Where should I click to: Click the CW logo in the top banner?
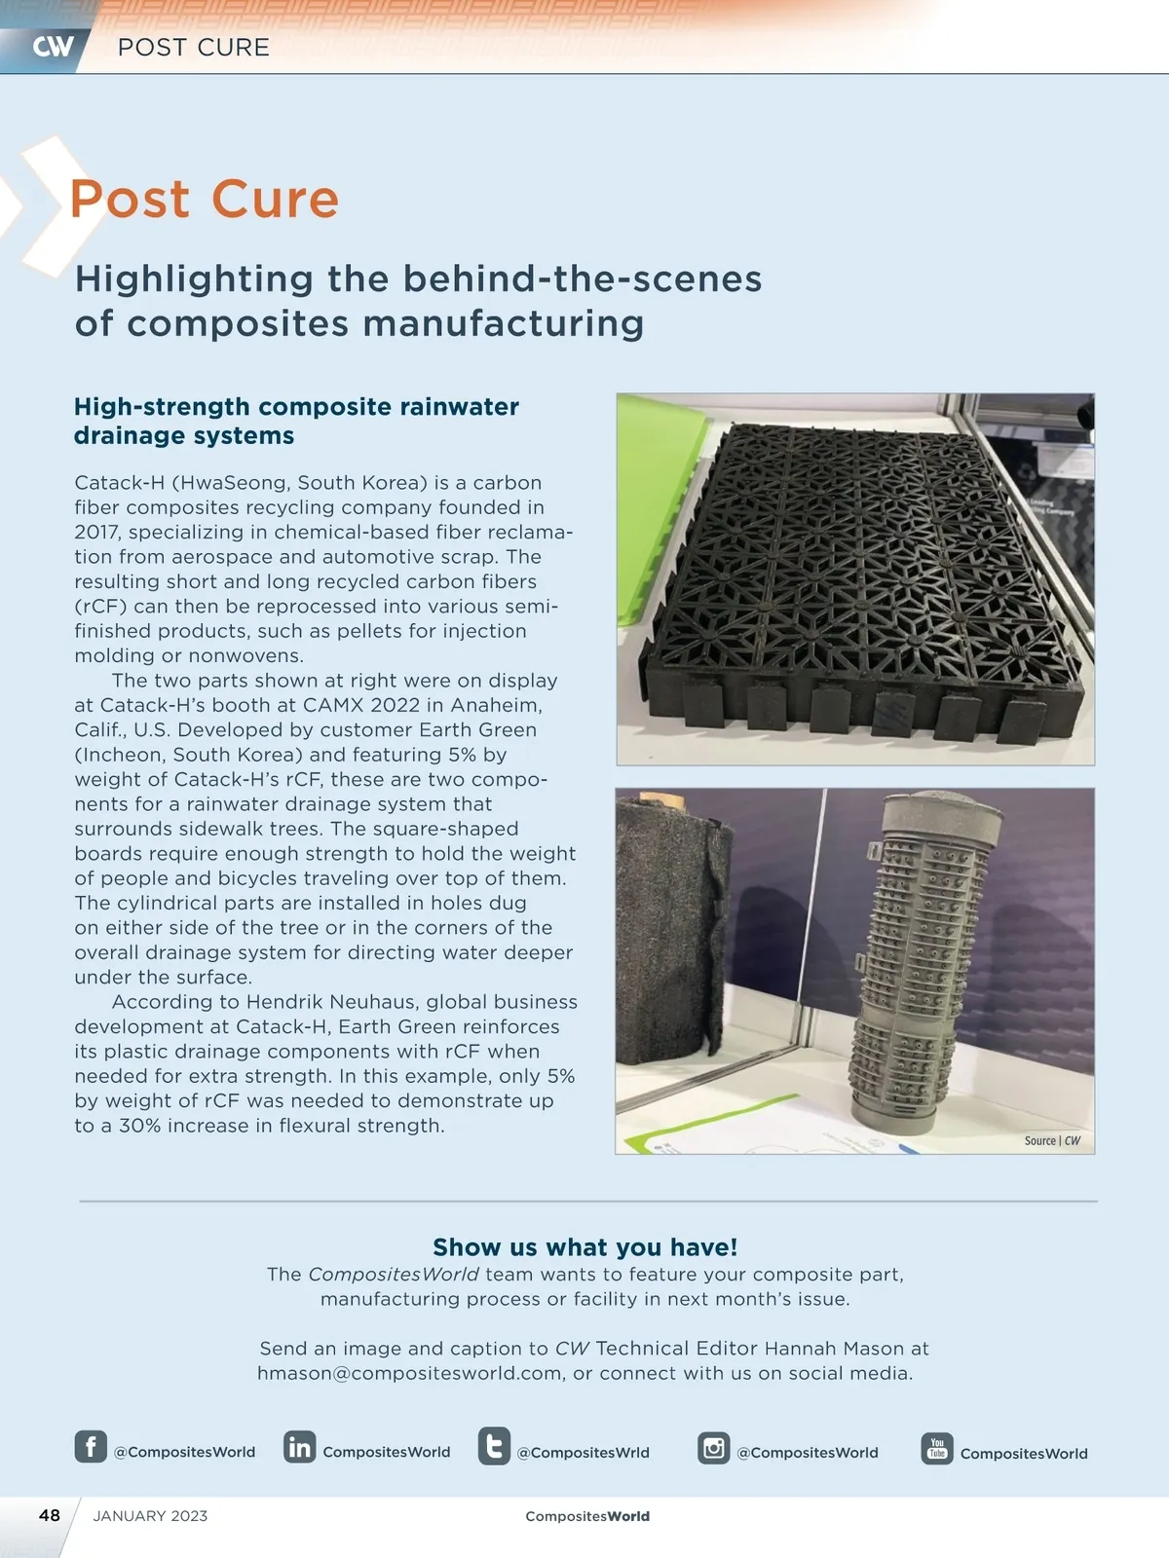pyautogui.click(x=53, y=47)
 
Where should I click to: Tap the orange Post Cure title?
pyautogui.click(x=205, y=200)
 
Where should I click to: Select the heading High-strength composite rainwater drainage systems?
pyautogui.click(x=296, y=421)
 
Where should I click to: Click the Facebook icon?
pyautogui.click(x=91, y=1446)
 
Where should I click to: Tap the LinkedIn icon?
pyautogui.click(x=300, y=1447)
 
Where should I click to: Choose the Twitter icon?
pyautogui.click(x=494, y=1446)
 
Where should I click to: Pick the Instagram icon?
pyautogui.click(x=714, y=1448)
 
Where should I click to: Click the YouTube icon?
pyautogui.click(x=937, y=1448)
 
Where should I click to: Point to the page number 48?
pyautogui.click(x=50, y=1515)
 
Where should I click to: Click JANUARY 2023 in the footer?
pyautogui.click(x=150, y=1516)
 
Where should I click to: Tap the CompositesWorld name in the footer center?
pyautogui.click(x=587, y=1516)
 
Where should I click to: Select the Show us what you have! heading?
pyautogui.click(x=584, y=1247)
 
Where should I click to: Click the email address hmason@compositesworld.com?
pyautogui.click(x=410, y=1374)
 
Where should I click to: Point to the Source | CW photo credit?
pyautogui.click(x=1052, y=1140)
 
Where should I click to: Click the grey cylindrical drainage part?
pyautogui.click(x=921, y=964)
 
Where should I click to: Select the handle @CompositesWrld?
pyautogui.click(x=583, y=1453)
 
